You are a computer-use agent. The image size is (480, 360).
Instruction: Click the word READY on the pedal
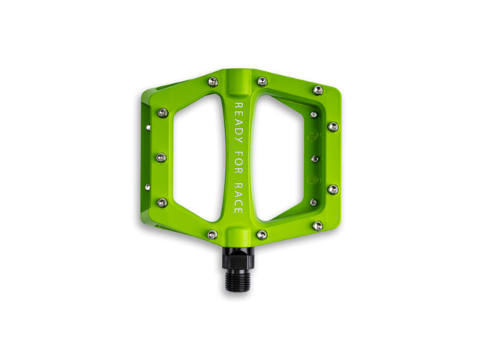coord(238,123)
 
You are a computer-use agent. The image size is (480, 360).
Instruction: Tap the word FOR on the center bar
coord(238,165)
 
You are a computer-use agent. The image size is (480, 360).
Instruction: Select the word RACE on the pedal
coord(238,199)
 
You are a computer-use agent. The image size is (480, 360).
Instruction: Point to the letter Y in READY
coord(238,140)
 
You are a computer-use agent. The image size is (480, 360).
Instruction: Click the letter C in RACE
coord(238,202)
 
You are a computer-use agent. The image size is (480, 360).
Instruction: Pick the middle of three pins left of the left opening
coord(161,157)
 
